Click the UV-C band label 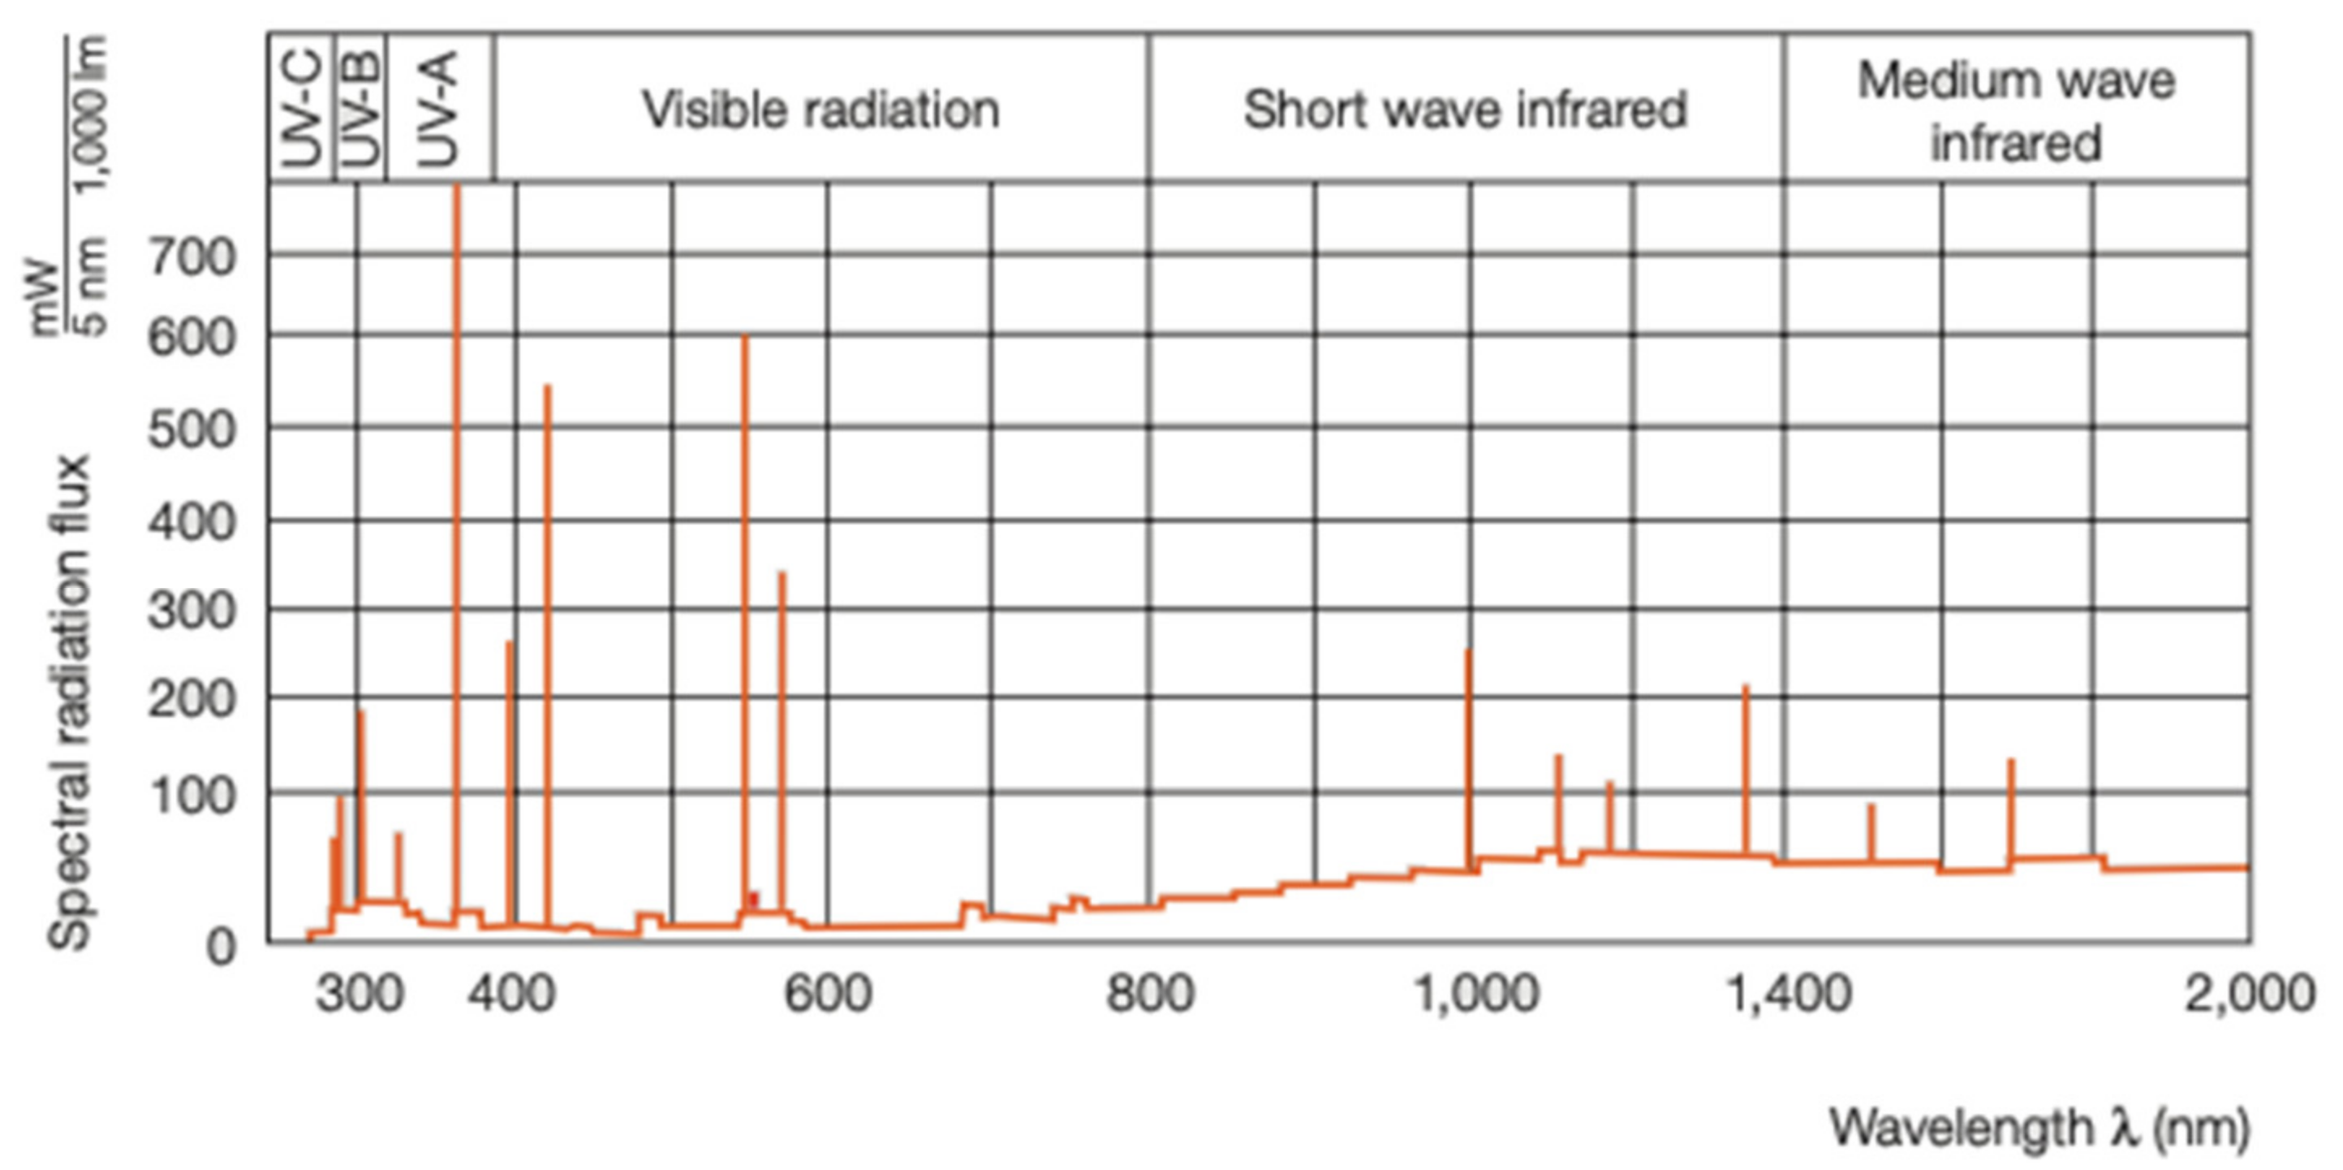[303, 109]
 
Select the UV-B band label [362, 109]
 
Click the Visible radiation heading [820, 109]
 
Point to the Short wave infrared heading [1464, 109]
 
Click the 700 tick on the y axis [191, 258]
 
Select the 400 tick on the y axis [191, 523]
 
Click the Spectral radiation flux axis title [71, 701]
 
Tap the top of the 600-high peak [744, 338]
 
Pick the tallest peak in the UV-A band [457, 188]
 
